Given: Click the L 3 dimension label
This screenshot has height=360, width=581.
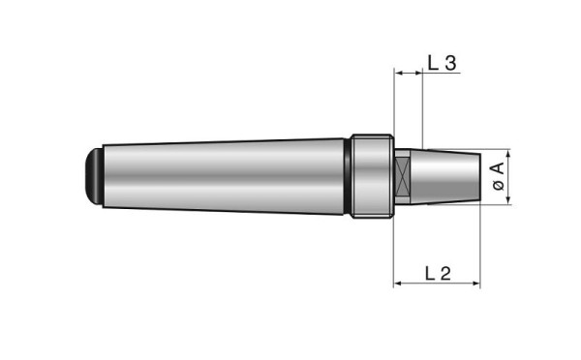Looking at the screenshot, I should (x=442, y=62).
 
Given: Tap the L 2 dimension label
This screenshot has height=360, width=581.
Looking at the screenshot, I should (x=439, y=273).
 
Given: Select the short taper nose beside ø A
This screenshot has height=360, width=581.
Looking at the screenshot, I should (x=450, y=177).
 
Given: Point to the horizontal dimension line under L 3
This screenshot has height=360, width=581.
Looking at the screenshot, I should (x=408, y=73).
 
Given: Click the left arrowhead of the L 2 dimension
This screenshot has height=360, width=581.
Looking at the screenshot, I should (x=397, y=285).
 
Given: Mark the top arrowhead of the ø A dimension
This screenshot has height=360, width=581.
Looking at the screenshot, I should (x=509, y=156).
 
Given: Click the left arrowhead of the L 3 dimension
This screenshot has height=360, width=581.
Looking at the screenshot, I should (x=397, y=73).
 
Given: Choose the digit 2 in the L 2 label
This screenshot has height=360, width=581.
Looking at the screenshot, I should (x=446, y=273).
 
